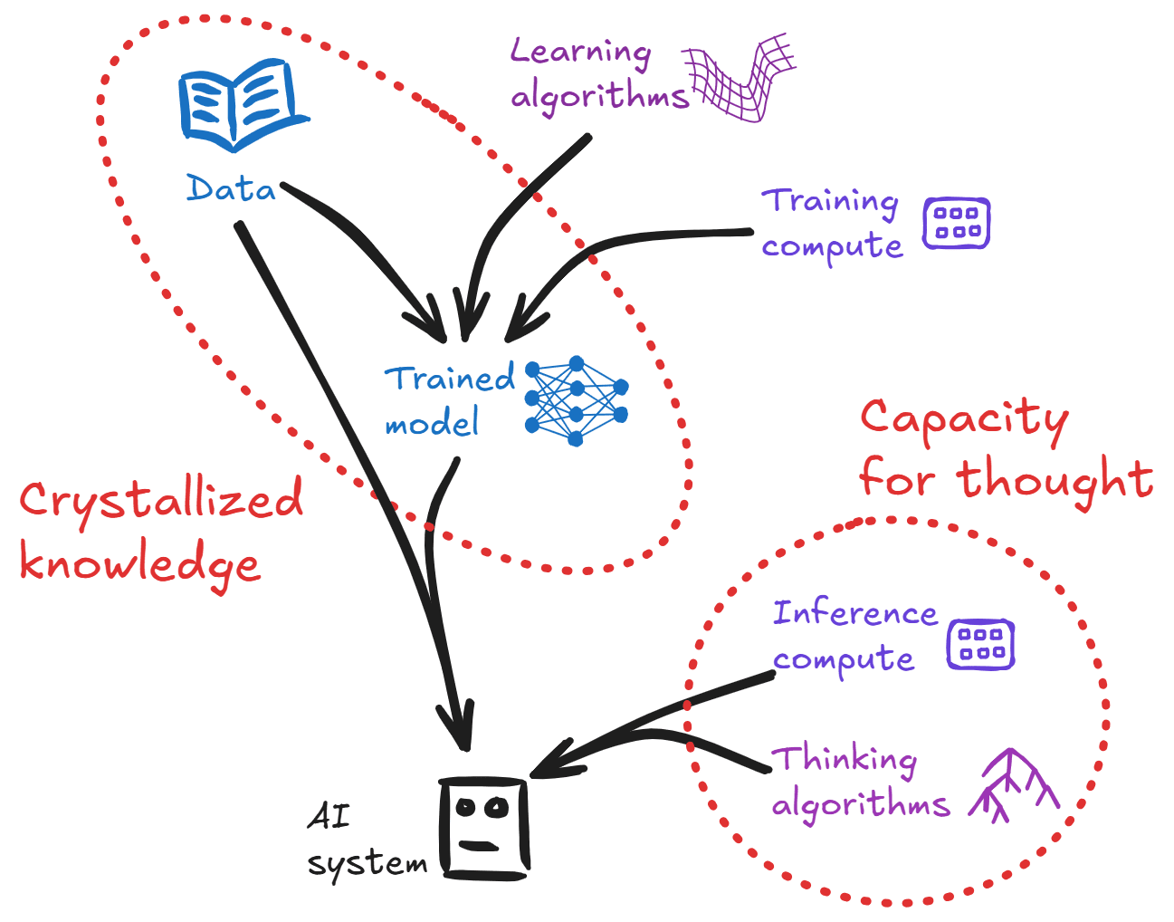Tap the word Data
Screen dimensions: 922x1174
click(231, 188)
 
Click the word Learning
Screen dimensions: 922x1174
click(580, 52)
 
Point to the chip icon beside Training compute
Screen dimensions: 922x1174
click(956, 223)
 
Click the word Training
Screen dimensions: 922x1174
click(830, 201)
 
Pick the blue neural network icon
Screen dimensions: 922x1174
click(577, 400)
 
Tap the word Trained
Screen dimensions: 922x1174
click(449, 379)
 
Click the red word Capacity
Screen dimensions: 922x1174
click(964, 418)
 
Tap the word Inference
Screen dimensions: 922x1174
click(854, 613)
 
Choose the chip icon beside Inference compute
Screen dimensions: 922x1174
click(980, 645)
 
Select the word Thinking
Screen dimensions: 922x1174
click(844, 759)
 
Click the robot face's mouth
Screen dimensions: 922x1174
click(478, 846)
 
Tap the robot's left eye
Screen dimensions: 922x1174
click(466, 806)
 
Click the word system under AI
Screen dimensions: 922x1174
click(367, 863)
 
